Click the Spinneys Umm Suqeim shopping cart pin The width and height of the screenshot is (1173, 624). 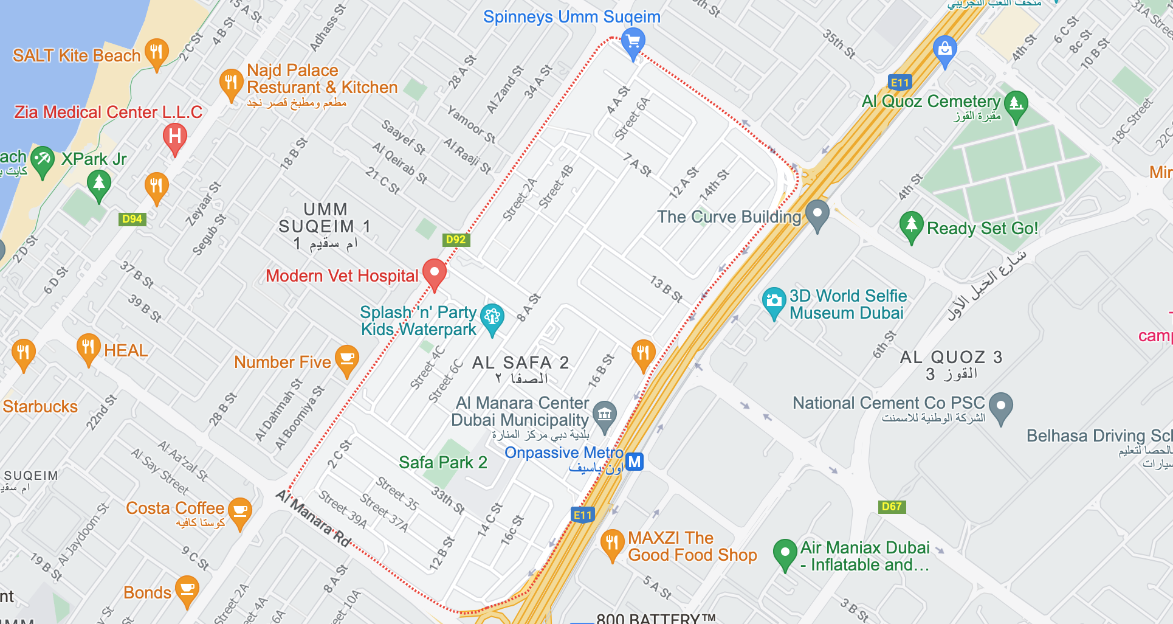click(x=633, y=41)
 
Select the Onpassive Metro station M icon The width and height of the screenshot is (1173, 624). click(x=634, y=462)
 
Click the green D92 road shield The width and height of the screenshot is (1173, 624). click(x=455, y=239)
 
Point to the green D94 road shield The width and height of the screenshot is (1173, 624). click(x=132, y=219)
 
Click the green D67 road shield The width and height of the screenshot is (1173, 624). click(x=892, y=506)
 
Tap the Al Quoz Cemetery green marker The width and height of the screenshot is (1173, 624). click(x=1016, y=104)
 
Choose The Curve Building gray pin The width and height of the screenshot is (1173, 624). click(x=817, y=214)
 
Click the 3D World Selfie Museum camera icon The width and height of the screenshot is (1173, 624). click(x=773, y=300)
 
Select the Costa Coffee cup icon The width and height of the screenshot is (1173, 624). click(x=239, y=511)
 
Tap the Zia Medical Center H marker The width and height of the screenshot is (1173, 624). click(x=174, y=136)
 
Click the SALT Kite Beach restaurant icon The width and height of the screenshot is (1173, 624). click(x=156, y=52)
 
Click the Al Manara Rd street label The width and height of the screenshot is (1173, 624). click(x=314, y=518)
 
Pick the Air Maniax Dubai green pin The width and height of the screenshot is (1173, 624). click(x=785, y=552)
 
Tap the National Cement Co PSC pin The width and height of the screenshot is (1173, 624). click(x=1000, y=406)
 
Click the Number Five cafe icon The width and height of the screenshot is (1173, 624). click(x=346, y=359)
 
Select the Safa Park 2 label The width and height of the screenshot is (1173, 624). click(x=442, y=462)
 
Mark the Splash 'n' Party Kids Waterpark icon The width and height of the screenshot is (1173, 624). click(x=492, y=317)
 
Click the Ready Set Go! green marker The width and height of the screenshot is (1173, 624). click(x=911, y=225)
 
